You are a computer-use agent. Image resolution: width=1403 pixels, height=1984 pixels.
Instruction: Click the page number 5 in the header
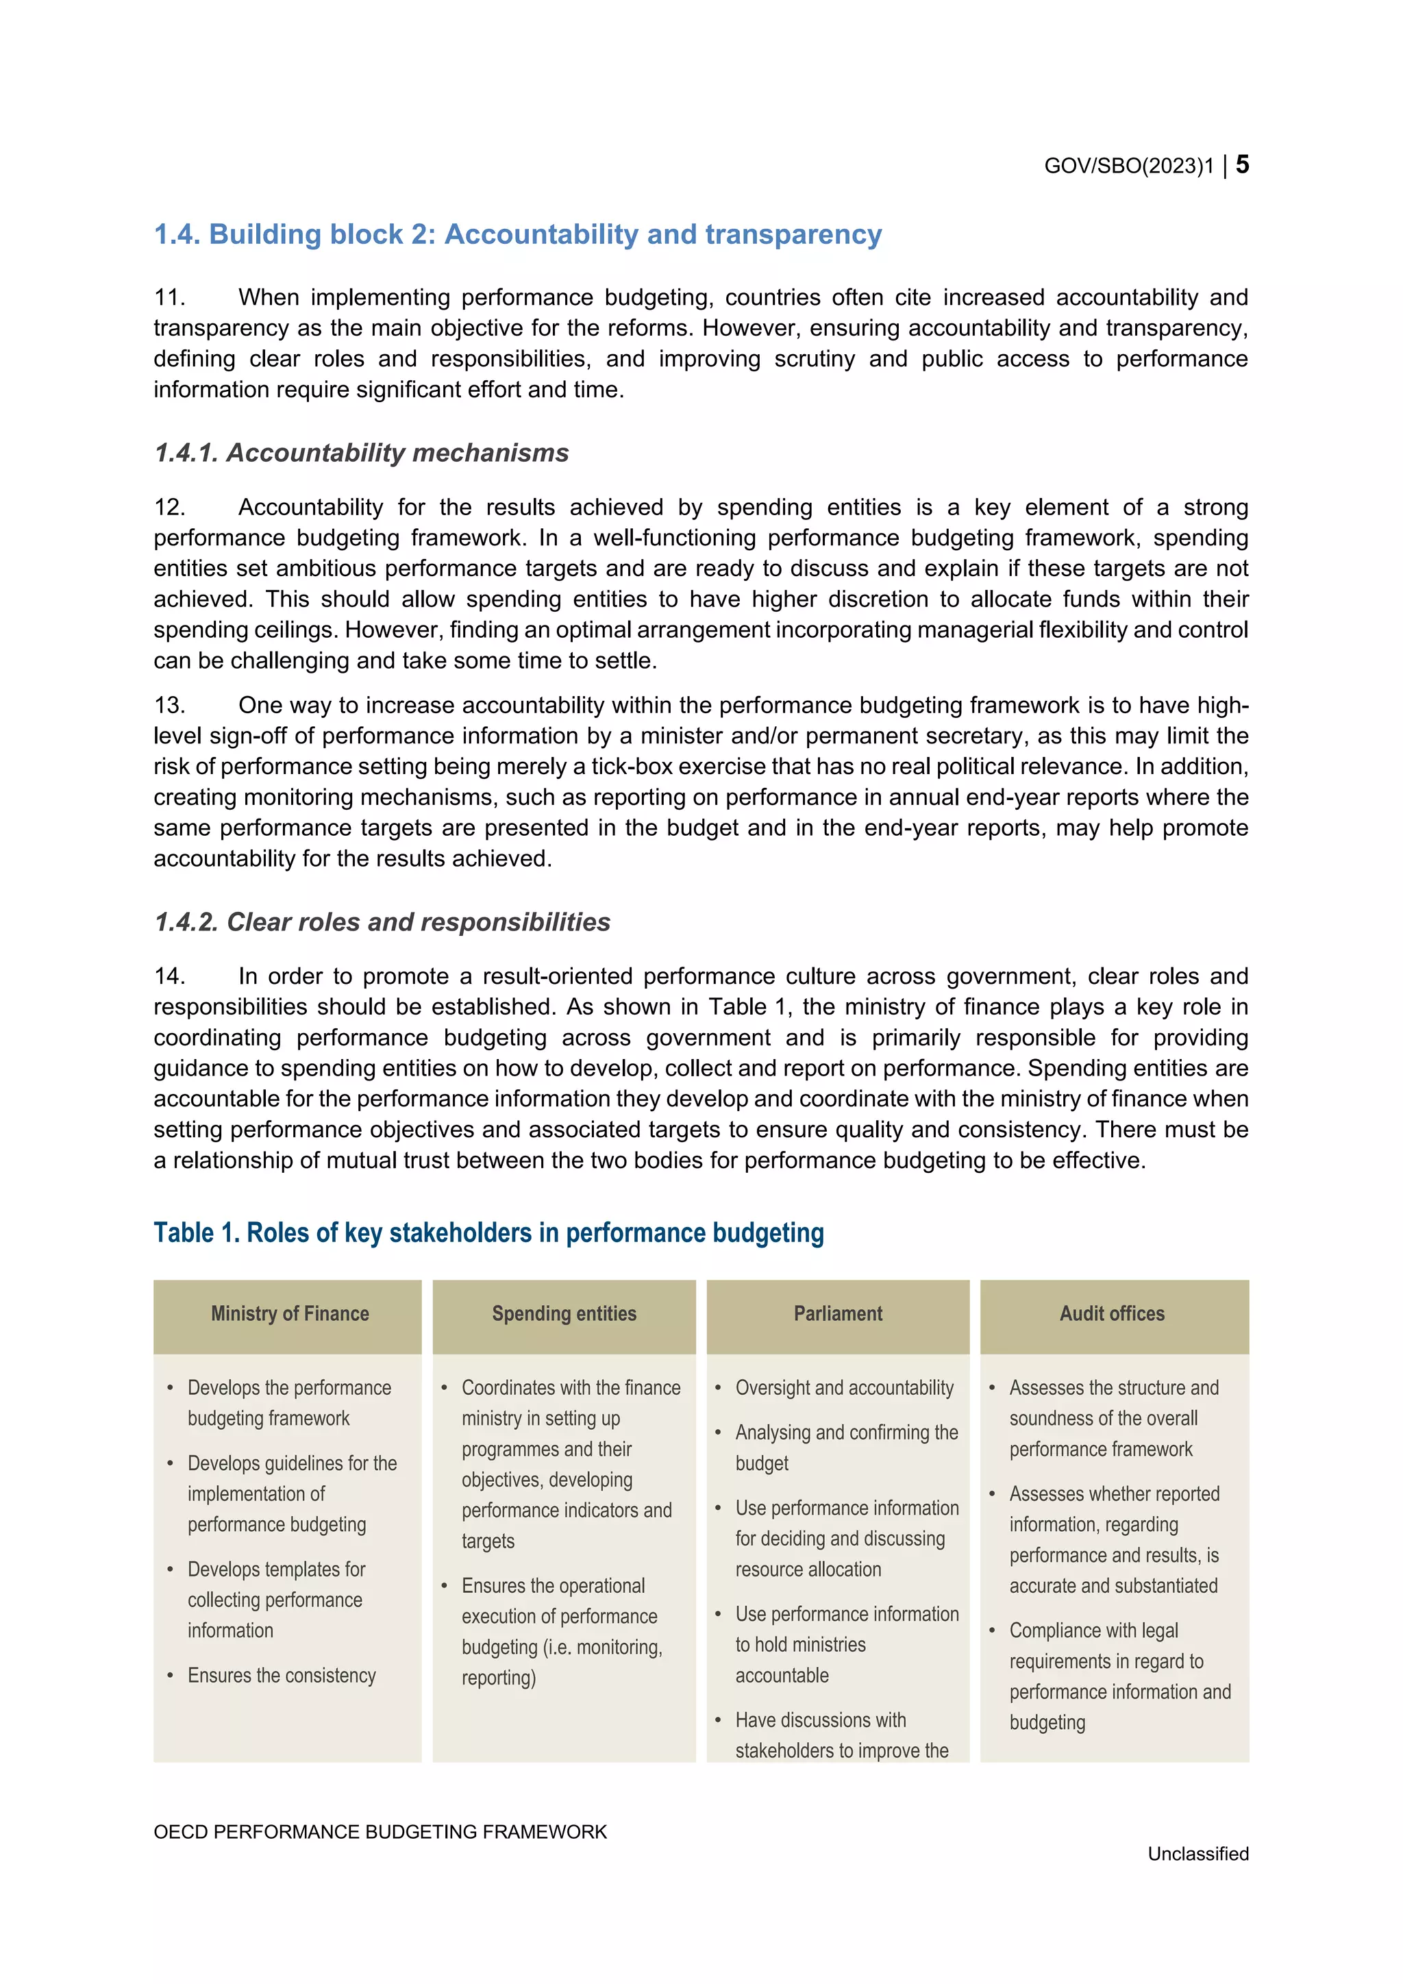pyautogui.click(x=1241, y=164)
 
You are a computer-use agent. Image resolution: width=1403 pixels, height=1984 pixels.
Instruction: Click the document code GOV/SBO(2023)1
pyautogui.click(x=1128, y=166)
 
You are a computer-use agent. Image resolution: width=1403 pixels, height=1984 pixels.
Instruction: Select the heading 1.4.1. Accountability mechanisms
pyautogui.click(x=361, y=453)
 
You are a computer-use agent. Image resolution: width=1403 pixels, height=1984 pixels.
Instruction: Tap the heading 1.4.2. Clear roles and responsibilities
pyautogui.click(x=382, y=922)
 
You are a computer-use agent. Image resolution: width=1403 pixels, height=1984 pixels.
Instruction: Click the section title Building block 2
pyautogui.click(x=517, y=234)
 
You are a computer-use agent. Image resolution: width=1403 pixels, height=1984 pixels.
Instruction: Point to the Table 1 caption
pyautogui.click(x=488, y=1232)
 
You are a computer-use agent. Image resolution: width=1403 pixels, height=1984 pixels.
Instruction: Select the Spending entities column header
pyautogui.click(x=564, y=1313)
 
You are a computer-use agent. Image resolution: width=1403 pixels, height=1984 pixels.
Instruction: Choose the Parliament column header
pyautogui.click(x=838, y=1313)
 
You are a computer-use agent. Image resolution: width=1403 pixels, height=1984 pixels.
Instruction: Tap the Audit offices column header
pyautogui.click(x=1112, y=1313)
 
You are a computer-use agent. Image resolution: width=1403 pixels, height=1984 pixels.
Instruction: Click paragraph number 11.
pyautogui.click(x=169, y=298)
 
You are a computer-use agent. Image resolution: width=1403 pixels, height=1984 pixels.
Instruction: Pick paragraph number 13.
pyautogui.click(x=169, y=705)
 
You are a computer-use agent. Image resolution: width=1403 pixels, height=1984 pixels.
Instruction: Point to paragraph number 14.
pyautogui.click(x=169, y=976)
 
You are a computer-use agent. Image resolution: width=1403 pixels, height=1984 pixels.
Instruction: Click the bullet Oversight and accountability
pyautogui.click(x=844, y=1388)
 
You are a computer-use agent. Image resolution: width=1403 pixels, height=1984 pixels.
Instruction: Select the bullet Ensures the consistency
pyautogui.click(x=282, y=1676)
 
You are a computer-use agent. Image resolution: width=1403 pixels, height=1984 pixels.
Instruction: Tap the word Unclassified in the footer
pyautogui.click(x=1197, y=1854)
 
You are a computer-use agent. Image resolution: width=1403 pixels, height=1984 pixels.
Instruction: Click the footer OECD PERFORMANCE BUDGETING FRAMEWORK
pyautogui.click(x=380, y=1832)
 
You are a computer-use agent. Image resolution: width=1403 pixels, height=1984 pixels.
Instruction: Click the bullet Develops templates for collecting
pyautogui.click(x=277, y=1600)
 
